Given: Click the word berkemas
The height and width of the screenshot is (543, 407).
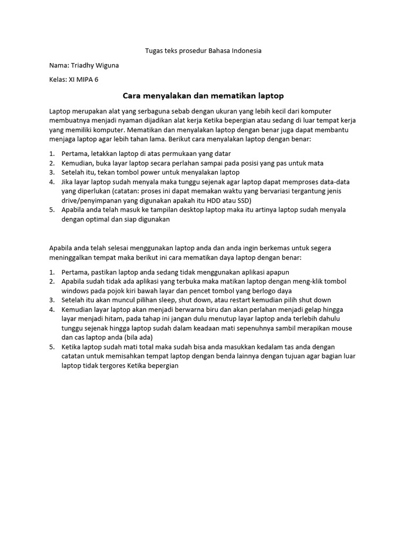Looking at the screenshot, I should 280,248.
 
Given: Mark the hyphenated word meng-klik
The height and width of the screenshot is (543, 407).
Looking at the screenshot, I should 297,282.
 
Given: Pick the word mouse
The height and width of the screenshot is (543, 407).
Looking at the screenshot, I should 341,328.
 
